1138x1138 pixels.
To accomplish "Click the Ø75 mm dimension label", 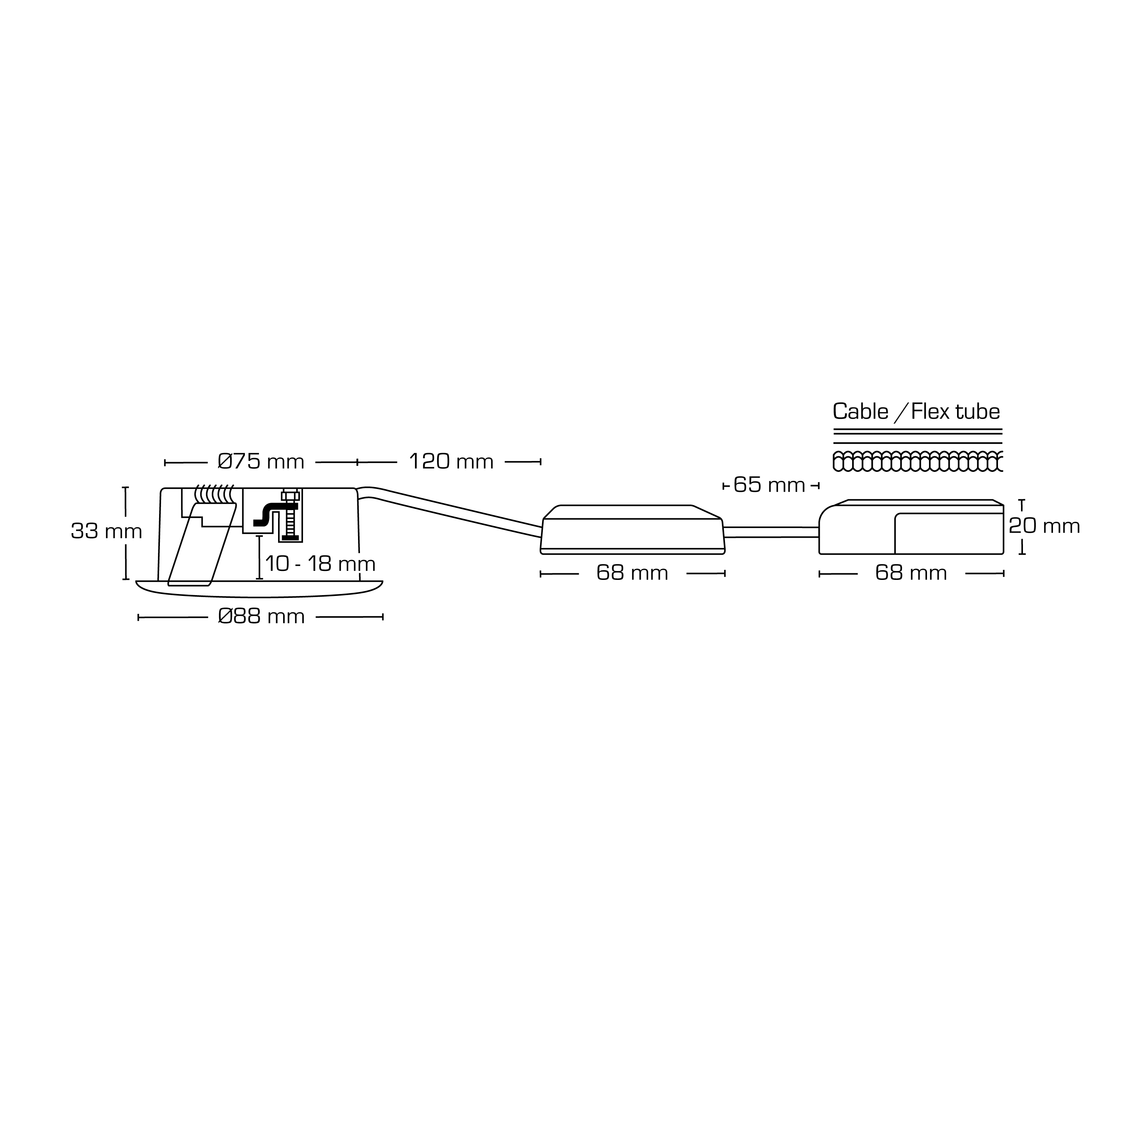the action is (x=261, y=462).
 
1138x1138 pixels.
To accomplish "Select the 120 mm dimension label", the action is (x=451, y=462).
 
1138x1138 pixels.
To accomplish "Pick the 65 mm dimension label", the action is (x=769, y=486).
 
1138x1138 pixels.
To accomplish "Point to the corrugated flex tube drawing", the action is (x=918, y=461).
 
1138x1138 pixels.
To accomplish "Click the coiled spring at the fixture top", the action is (x=214, y=494).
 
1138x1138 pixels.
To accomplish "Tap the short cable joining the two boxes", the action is (x=771, y=532).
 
